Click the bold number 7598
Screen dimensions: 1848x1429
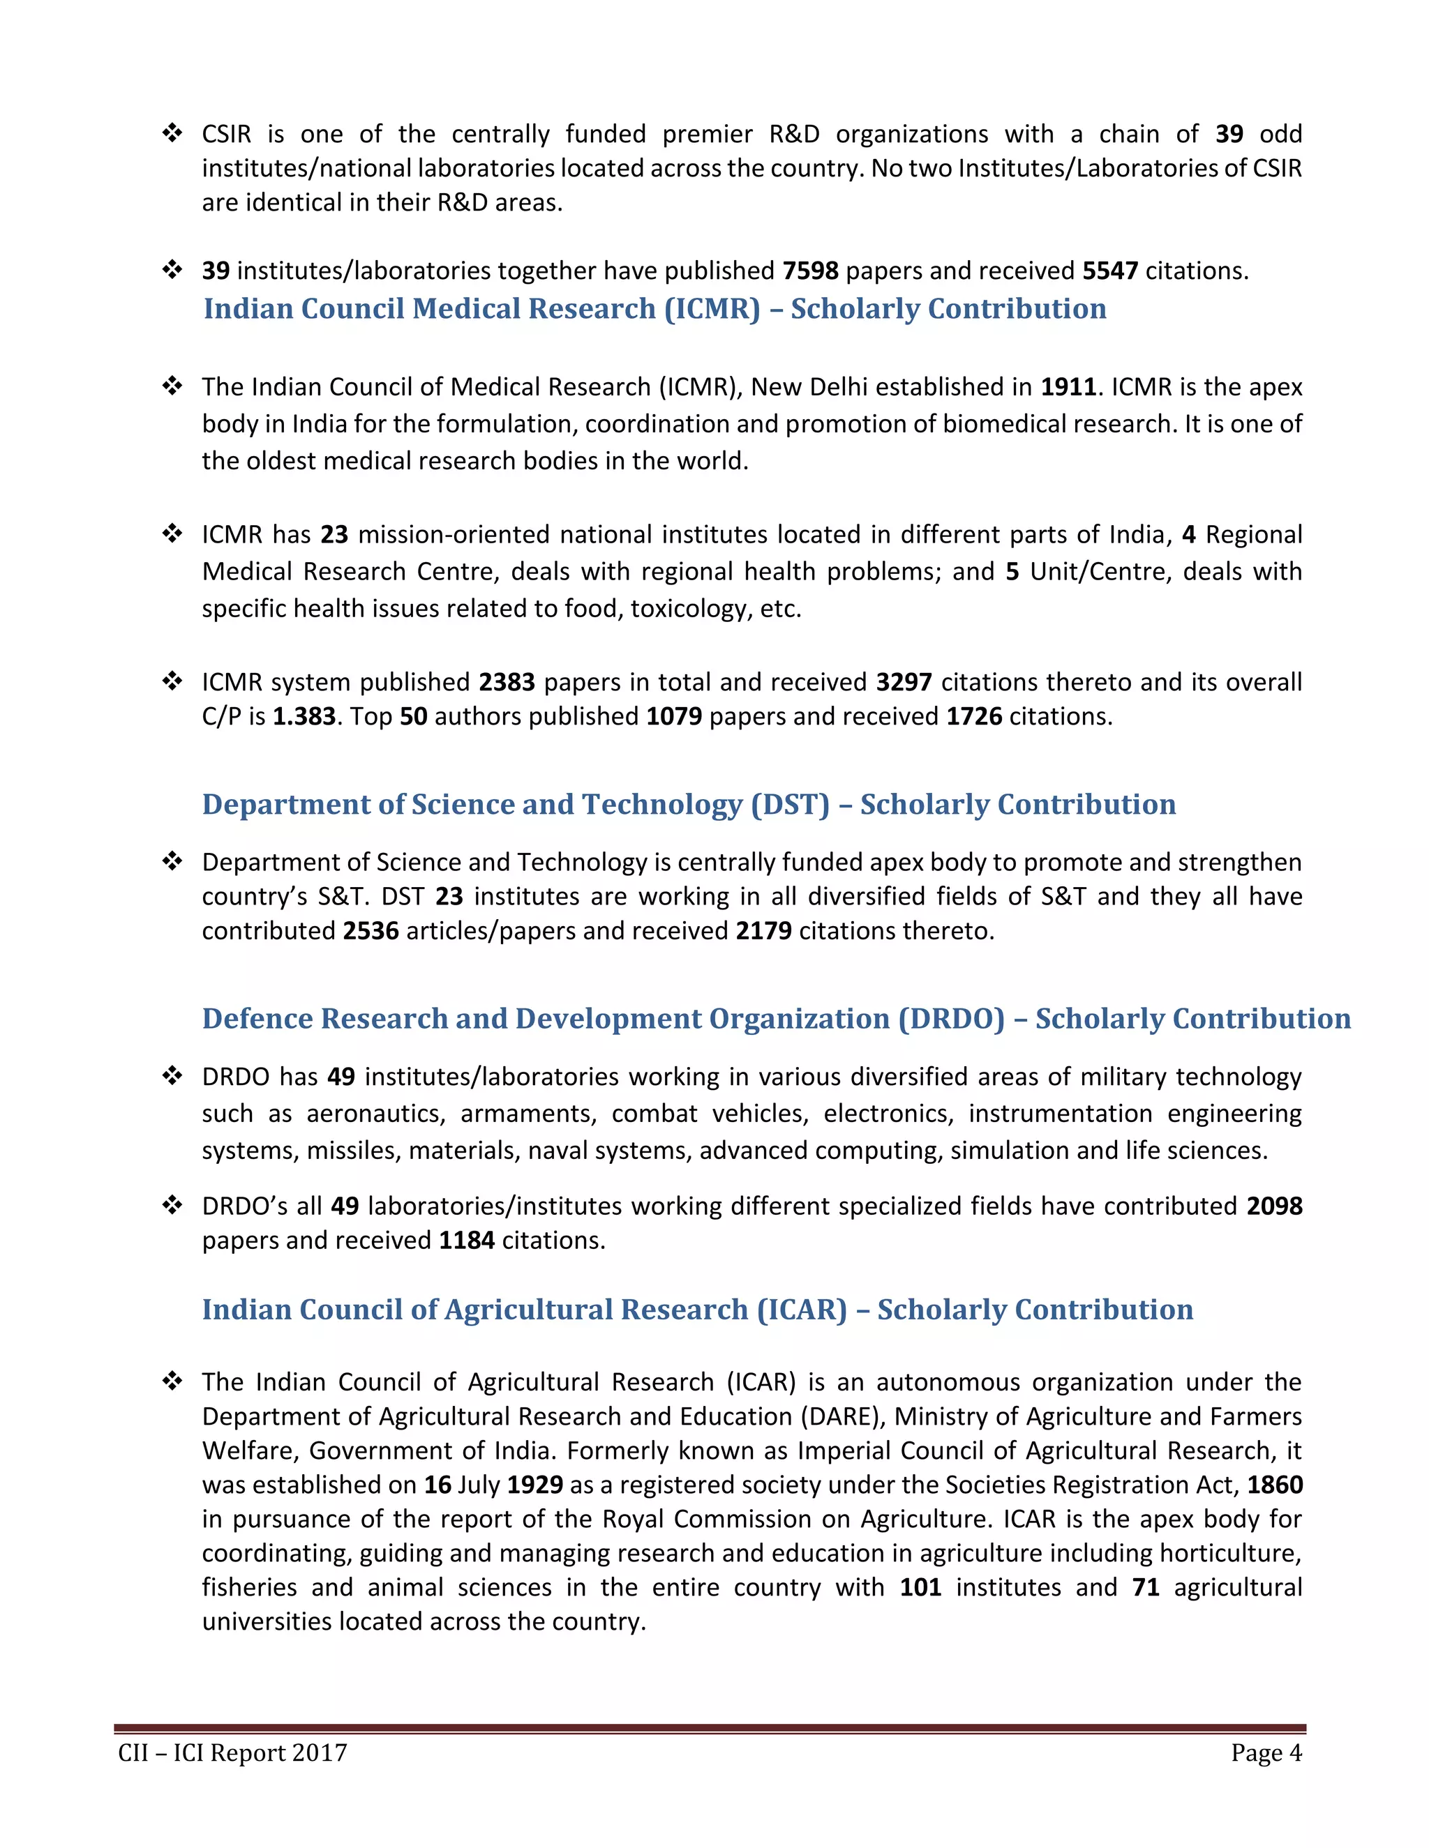pos(810,271)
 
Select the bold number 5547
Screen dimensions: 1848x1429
pos(1110,271)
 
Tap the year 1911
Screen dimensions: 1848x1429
pos(1068,388)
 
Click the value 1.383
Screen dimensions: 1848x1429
pos(304,717)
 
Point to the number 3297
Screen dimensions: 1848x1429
pos(904,682)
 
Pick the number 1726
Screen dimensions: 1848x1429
pos(973,717)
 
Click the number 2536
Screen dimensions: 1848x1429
pos(370,931)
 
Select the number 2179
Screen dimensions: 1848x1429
pos(763,931)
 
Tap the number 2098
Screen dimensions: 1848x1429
pos(1274,1206)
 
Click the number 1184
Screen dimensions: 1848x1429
pos(467,1241)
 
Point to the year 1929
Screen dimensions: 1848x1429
pos(535,1485)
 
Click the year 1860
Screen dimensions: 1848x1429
pos(1275,1485)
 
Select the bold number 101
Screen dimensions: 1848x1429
pos(920,1587)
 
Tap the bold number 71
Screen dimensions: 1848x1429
pos(1146,1587)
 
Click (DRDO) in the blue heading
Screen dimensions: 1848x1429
pos(951,1019)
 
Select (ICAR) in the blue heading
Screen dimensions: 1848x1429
pos(801,1310)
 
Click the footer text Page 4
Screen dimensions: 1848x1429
pos(1266,1753)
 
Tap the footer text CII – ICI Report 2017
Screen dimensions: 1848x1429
pos(233,1753)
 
